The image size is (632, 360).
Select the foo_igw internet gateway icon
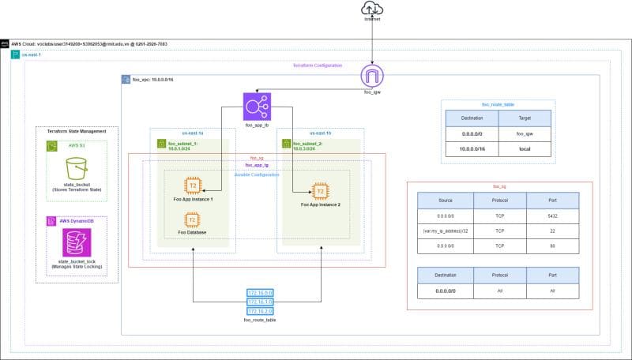point(371,77)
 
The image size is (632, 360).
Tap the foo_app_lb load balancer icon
point(255,106)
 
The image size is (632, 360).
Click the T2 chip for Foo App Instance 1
point(190,186)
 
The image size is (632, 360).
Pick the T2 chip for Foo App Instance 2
point(321,191)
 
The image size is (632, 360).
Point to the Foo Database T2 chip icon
point(190,219)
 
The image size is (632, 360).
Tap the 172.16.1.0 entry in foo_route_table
point(261,302)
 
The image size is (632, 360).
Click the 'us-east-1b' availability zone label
point(320,133)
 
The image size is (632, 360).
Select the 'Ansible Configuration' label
point(257,174)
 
